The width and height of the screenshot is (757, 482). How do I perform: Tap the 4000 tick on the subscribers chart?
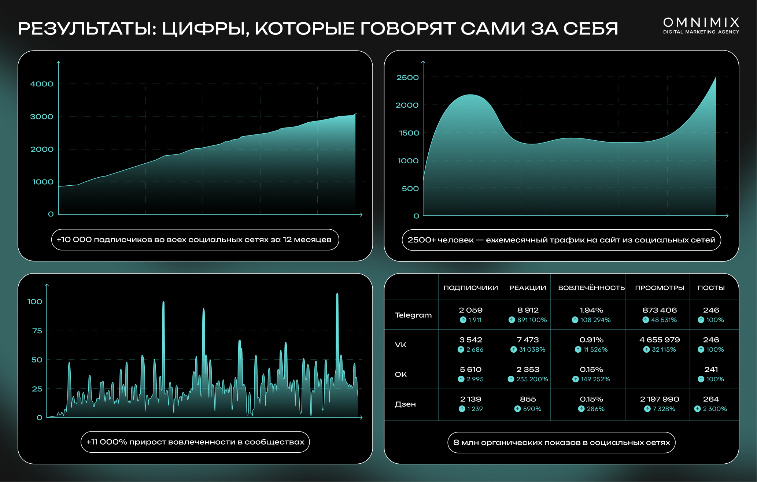tap(42, 84)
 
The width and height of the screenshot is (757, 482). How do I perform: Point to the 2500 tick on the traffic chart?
tap(407, 78)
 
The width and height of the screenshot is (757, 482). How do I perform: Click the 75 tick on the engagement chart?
tap(37, 331)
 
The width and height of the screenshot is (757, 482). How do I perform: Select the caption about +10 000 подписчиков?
tap(195, 240)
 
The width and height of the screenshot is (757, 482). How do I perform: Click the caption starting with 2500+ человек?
tap(561, 240)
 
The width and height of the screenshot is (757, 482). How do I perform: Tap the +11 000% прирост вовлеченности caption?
tap(195, 442)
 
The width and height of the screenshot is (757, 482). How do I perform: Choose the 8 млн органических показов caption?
tap(561, 442)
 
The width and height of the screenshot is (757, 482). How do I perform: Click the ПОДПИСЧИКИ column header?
tap(470, 288)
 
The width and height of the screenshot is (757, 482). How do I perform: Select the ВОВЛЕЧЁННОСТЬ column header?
tap(591, 288)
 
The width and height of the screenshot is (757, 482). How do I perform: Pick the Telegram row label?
tap(413, 315)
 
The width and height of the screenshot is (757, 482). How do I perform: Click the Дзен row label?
tap(405, 404)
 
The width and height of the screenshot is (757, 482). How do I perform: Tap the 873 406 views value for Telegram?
tap(659, 310)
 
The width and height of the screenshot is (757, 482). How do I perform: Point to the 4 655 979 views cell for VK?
tap(659, 340)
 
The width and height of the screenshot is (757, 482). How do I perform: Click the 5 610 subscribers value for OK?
tap(470, 370)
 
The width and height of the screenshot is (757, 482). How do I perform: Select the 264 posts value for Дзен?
tap(711, 399)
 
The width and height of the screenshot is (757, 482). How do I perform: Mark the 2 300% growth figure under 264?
tap(714, 409)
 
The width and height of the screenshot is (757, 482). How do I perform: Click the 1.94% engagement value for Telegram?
tap(591, 310)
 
